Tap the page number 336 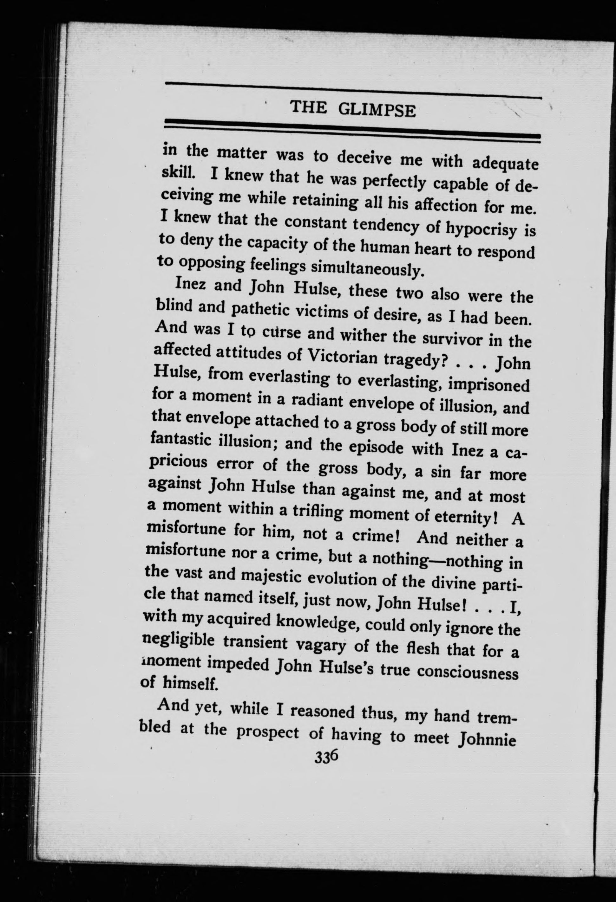327,757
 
